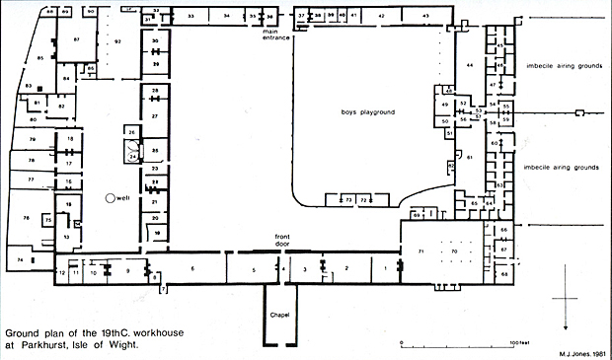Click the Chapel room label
pos(277,314)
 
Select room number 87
pos(75,40)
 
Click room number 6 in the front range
pos(192,268)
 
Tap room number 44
pos(470,64)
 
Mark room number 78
pos(29,218)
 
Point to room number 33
pos(191,17)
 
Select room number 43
pos(424,17)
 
